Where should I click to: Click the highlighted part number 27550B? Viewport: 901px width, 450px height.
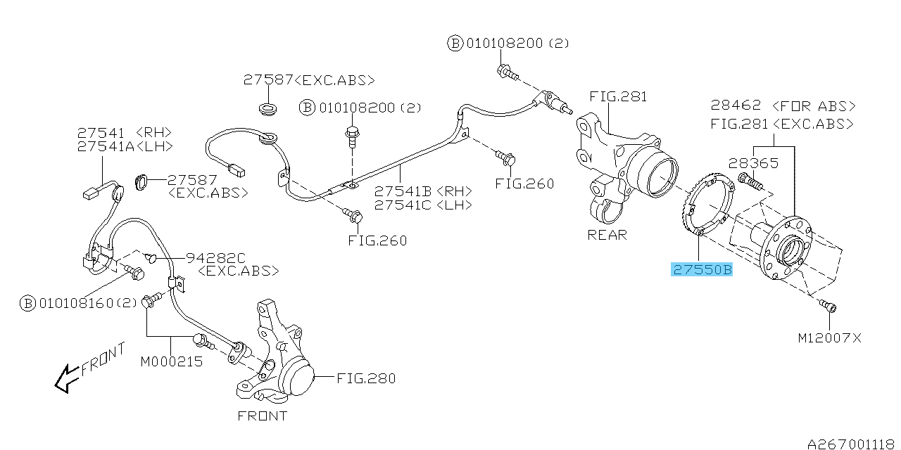click(702, 269)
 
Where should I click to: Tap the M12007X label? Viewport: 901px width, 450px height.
click(829, 338)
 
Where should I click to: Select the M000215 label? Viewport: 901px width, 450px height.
click(171, 362)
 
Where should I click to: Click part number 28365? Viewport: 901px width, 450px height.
click(753, 163)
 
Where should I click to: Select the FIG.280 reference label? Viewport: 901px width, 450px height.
click(365, 378)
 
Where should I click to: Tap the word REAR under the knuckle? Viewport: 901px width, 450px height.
click(607, 235)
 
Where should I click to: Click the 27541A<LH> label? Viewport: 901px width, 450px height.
click(125, 146)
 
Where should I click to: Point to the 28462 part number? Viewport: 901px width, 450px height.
click(736, 106)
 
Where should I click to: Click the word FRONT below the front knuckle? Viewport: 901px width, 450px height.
click(262, 416)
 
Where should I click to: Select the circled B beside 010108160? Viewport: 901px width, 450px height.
click(27, 304)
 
